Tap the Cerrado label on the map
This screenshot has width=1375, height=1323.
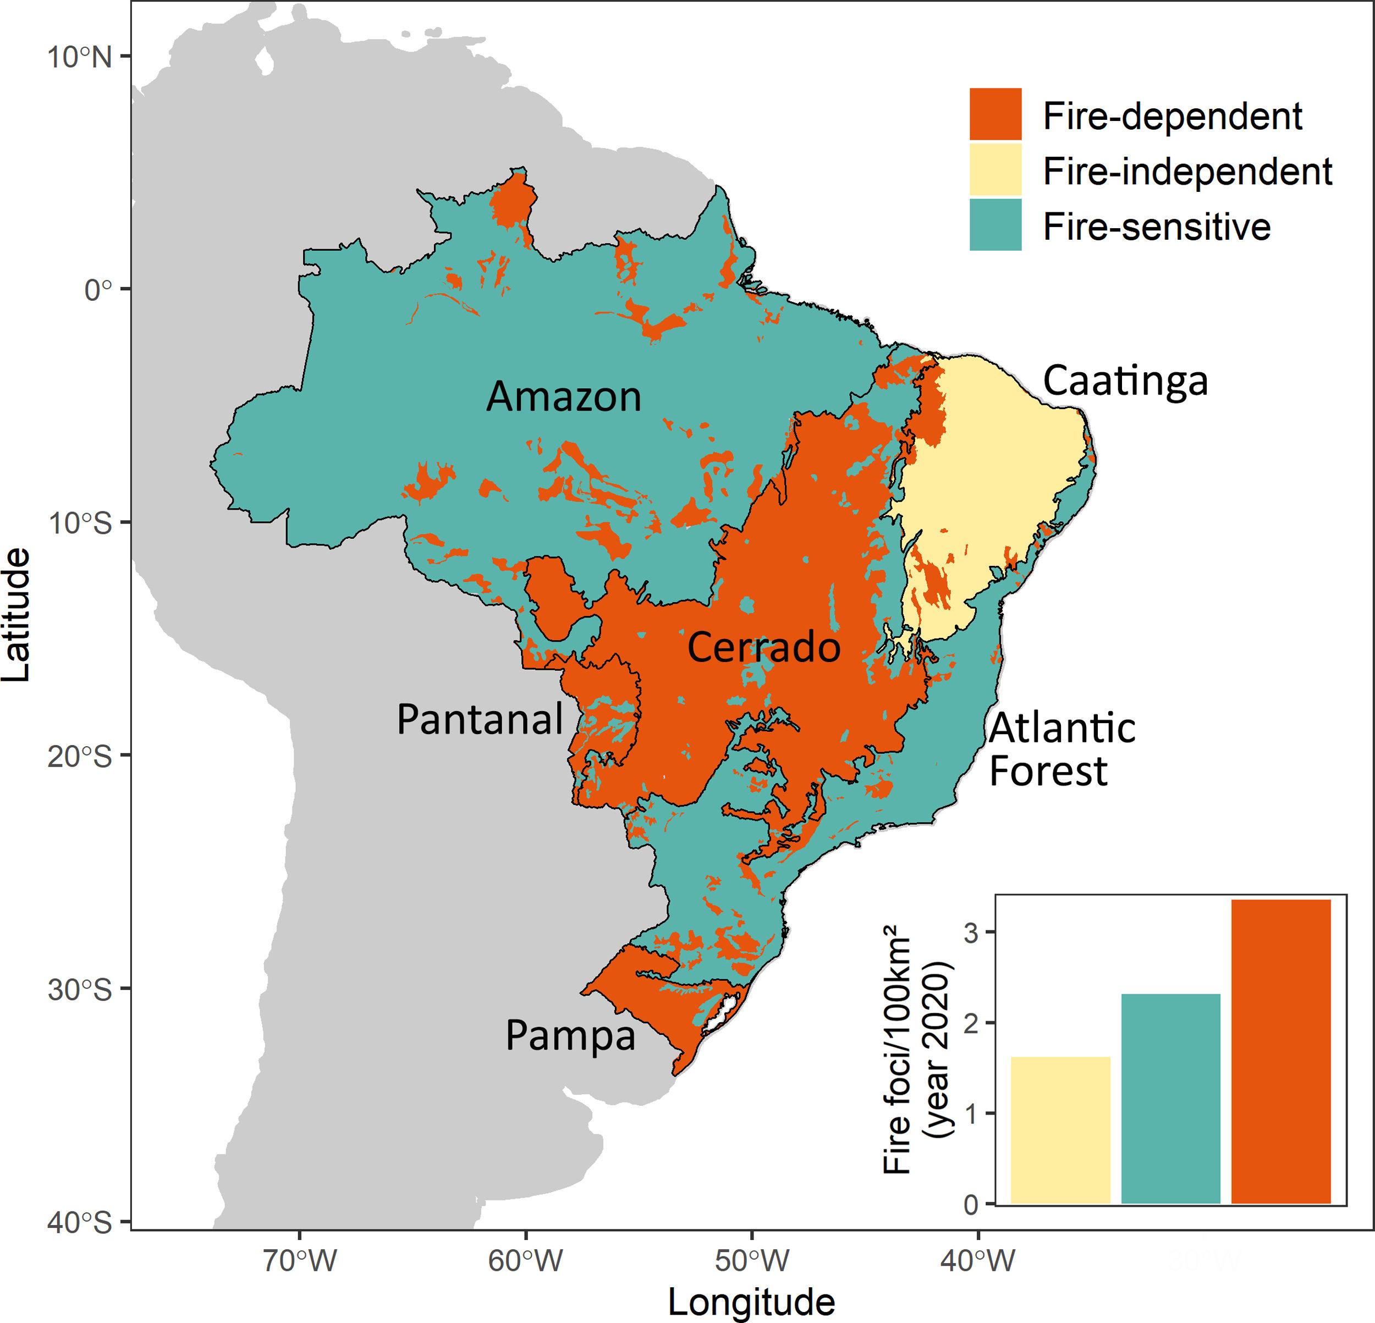coord(763,647)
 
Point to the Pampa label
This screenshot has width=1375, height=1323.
coord(570,1036)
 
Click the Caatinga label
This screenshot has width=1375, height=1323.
coord(1125,381)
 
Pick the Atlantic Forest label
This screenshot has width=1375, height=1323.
coord(1061,750)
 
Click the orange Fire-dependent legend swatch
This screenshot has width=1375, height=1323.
coord(995,114)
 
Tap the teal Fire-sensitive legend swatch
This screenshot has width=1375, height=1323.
coord(995,224)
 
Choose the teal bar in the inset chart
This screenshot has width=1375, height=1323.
coord(1171,1099)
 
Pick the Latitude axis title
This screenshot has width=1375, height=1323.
coord(17,615)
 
